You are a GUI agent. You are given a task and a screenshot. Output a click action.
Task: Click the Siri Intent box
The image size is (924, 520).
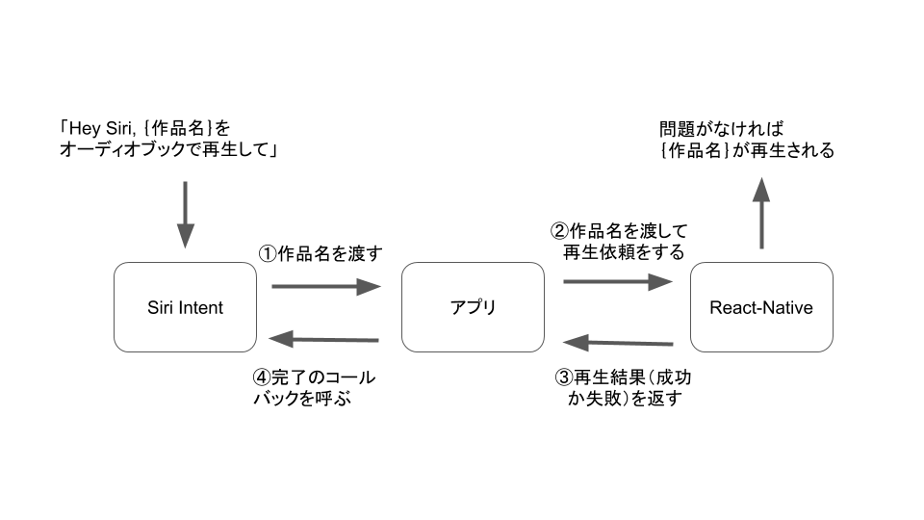coord(185,307)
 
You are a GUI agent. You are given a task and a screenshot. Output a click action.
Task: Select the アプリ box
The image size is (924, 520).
coord(473,307)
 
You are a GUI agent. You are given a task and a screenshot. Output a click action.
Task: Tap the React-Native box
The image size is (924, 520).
coord(760,307)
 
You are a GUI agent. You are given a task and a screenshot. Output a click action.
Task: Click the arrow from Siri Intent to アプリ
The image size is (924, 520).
coord(327,286)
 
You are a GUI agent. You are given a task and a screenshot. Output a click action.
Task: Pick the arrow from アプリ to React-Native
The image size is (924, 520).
coord(617,281)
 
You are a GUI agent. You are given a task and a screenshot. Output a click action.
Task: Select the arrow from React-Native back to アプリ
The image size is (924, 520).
coord(617,342)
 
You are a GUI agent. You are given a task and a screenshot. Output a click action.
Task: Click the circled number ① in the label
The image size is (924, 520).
coord(267,254)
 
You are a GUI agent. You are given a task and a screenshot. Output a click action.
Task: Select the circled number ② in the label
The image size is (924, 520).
coord(559,231)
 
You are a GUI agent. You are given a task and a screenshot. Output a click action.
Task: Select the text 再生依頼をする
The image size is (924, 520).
coord(624,252)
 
